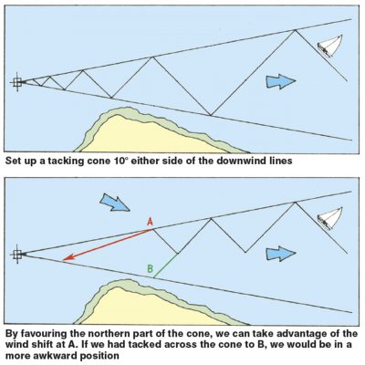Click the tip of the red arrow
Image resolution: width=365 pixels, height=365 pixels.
click(64, 261)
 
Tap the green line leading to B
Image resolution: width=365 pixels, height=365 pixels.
click(165, 265)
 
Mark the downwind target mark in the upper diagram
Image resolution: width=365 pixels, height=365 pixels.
click(17, 82)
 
